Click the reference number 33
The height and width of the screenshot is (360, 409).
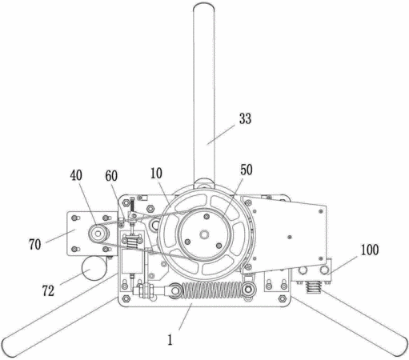pyautogui.click(x=245, y=118)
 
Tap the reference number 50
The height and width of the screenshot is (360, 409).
pyautogui.click(x=247, y=170)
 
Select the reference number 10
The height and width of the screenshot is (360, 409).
pyautogui.click(x=156, y=174)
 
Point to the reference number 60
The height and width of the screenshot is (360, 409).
pyautogui.click(x=111, y=176)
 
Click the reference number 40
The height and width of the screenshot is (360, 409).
pyautogui.click(x=76, y=175)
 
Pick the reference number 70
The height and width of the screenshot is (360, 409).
pyautogui.click(x=35, y=245)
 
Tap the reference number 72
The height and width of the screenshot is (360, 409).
pyautogui.click(x=48, y=290)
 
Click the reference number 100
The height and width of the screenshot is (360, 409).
pyautogui.click(x=370, y=250)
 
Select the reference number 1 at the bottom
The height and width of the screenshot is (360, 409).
pyautogui.click(x=170, y=340)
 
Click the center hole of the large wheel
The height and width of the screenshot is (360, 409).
pyautogui.click(x=204, y=234)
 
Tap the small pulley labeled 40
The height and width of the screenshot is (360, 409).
pyautogui.click(x=98, y=234)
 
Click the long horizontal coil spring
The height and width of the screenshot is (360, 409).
pyautogui.click(x=212, y=290)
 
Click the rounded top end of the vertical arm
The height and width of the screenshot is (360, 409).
pyautogui.click(x=204, y=7)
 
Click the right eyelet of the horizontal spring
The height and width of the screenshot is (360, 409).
pyautogui.click(x=248, y=289)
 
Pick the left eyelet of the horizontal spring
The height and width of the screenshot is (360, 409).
pyautogui.click(x=174, y=290)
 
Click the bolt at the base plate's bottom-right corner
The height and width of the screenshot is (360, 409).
pyautogui.click(x=282, y=298)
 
